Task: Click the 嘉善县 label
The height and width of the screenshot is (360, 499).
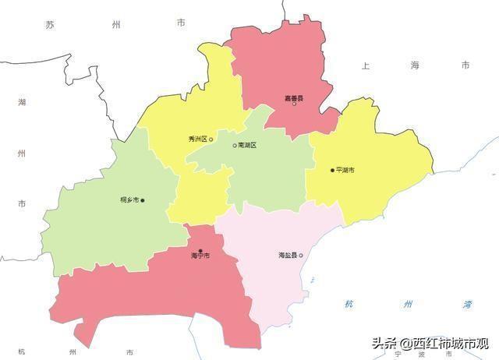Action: coord(294,98)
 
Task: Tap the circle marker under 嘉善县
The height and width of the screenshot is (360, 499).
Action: coord(294,105)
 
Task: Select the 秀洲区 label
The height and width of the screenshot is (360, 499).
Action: coord(197,139)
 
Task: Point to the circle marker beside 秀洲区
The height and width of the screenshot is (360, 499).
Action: coord(211,139)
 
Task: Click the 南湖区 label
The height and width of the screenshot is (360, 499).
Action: coord(247,146)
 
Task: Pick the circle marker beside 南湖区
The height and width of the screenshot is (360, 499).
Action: coord(235,146)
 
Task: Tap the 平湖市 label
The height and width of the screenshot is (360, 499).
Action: coord(345,170)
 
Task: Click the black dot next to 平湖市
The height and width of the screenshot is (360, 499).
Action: coord(332,170)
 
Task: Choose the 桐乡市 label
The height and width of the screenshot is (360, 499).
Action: coord(129,200)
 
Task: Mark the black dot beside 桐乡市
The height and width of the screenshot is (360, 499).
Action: coord(143,200)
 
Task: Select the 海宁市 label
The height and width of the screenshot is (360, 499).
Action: coord(200,256)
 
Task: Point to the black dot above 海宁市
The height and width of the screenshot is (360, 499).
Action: coord(200,250)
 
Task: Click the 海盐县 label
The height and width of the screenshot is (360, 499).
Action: coord(288,256)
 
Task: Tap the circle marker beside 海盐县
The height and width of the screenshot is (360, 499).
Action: coord(301,256)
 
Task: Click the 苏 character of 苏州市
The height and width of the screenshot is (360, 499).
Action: coord(50,25)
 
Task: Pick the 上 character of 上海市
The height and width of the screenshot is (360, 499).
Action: coord(365,66)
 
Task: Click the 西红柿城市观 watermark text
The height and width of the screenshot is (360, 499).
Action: coord(451,343)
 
